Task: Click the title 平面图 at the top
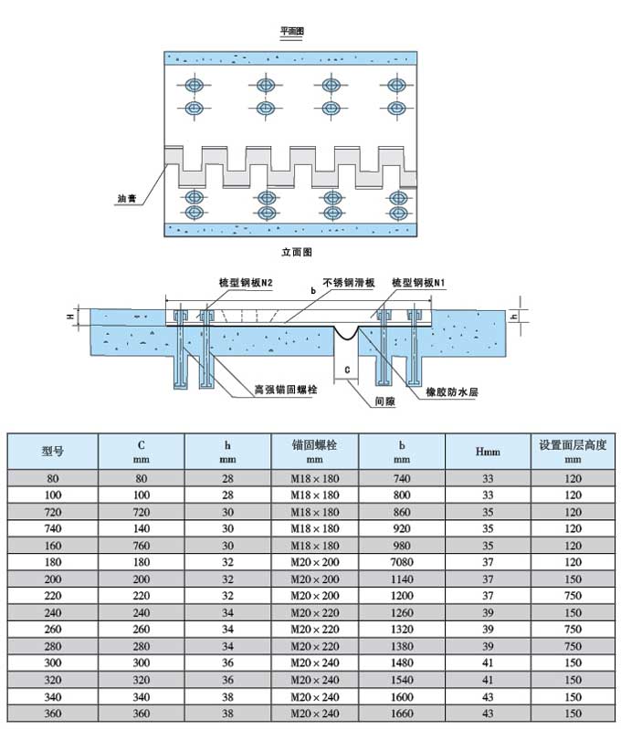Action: (x=291, y=32)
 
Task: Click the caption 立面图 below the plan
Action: (x=297, y=251)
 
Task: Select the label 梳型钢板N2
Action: (x=247, y=284)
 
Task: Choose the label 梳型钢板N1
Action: (x=417, y=284)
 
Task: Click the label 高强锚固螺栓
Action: (x=286, y=390)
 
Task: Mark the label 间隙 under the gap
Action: (x=384, y=401)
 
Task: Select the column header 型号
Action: (x=53, y=451)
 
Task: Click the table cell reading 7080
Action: (x=403, y=560)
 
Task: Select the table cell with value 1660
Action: (x=403, y=712)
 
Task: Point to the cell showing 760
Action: (x=142, y=544)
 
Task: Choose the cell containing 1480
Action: (x=403, y=661)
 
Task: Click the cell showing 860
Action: (x=403, y=510)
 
